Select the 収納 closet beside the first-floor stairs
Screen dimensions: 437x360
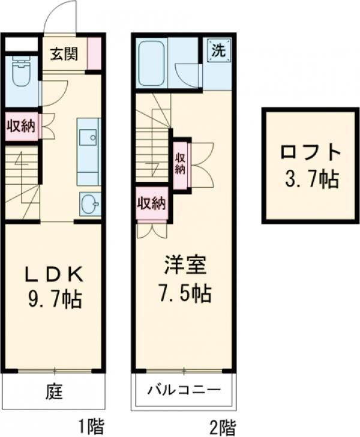click(20, 127)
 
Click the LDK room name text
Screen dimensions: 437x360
click(53, 274)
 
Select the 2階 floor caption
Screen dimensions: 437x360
click(223, 427)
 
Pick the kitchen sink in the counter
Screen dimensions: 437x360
click(89, 138)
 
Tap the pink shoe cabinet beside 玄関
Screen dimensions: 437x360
click(94, 53)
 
